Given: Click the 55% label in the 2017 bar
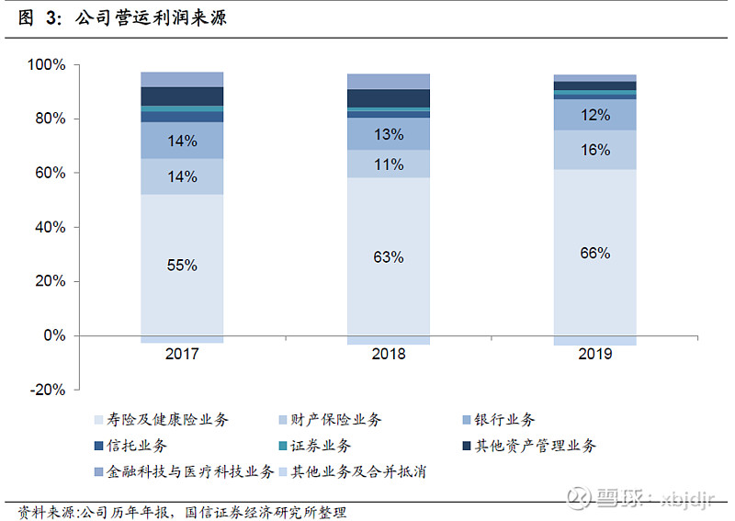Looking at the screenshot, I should pos(182,265).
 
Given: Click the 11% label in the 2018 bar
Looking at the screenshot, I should pos(389,164).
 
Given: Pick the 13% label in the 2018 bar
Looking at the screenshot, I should pos(389,134).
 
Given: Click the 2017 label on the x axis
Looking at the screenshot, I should pos(182,355).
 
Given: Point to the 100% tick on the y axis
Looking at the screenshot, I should pos(46,65).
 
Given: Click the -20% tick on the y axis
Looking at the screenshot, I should pos(46,390).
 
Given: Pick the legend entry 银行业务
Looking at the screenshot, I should pos(501,420).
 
